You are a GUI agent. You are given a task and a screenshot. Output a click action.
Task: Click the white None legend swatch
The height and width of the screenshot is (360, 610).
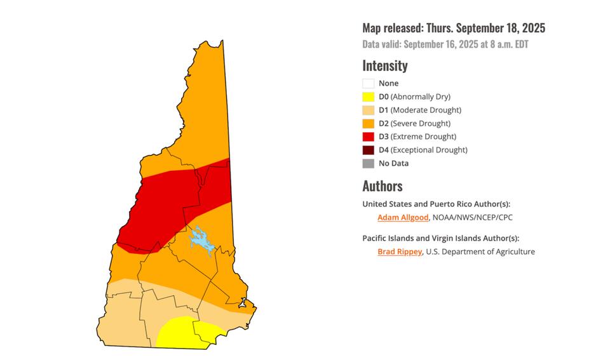[x=368, y=83]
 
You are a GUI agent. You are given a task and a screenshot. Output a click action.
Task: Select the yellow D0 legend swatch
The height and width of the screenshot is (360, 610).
[x=368, y=97]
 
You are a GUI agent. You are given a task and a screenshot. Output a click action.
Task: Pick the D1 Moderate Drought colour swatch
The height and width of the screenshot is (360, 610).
[x=368, y=110]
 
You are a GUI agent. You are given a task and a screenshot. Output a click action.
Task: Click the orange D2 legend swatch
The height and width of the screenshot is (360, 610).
[x=368, y=123]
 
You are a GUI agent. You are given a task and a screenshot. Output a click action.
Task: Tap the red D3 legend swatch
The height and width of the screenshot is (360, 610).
[x=368, y=137]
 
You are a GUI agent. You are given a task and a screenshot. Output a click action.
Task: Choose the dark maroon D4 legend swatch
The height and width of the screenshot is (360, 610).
[x=368, y=150]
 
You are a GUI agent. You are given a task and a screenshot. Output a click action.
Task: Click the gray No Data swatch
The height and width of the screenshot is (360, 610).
[x=368, y=163]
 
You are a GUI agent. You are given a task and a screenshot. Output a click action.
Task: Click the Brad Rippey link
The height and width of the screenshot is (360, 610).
[x=400, y=251]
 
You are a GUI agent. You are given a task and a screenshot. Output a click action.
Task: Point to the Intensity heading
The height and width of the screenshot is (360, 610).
[x=385, y=65]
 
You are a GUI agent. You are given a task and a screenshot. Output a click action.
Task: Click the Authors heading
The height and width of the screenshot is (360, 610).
[x=382, y=186]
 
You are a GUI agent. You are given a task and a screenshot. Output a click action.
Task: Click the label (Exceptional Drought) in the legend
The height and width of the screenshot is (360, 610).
[x=429, y=150]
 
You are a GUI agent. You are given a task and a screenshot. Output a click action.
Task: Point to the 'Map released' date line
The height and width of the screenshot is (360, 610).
[x=454, y=28]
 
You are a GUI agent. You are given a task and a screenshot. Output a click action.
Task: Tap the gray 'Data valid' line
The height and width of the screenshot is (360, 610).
[x=445, y=44]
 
